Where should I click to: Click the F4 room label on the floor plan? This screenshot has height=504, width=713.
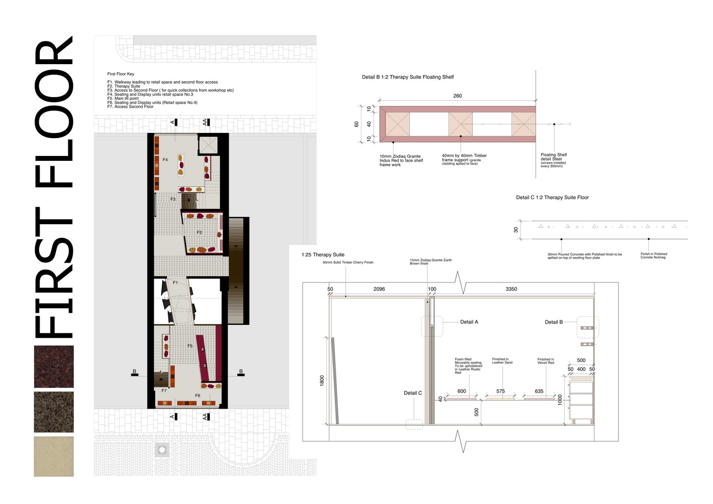pyautogui.click(x=165, y=160)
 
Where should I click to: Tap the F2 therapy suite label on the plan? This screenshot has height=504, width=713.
pyautogui.click(x=199, y=232)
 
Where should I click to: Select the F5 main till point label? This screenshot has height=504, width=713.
pyautogui.click(x=190, y=346)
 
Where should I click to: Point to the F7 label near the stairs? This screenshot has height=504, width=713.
pyautogui.click(x=164, y=391)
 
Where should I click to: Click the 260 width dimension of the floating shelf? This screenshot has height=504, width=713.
pyautogui.click(x=457, y=96)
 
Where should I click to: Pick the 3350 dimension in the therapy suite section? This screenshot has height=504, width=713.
pyautogui.click(x=511, y=289)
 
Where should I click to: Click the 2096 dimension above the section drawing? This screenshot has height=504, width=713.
pyautogui.click(x=379, y=289)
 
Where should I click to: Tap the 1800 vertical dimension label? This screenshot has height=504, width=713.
pyautogui.click(x=322, y=380)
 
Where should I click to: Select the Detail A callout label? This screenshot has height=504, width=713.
pyautogui.click(x=469, y=322)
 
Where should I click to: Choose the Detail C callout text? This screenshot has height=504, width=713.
pyautogui.click(x=413, y=393)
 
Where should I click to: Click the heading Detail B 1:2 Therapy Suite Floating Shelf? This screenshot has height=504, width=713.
pyautogui.click(x=408, y=77)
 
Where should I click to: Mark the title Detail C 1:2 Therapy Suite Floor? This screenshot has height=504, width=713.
pyautogui.click(x=552, y=197)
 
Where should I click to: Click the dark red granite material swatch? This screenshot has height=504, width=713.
pyautogui.click(x=54, y=366)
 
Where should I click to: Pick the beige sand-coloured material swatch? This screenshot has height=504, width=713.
pyautogui.click(x=54, y=456)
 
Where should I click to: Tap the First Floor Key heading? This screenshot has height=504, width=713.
pyautogui.click(x=120, y=74)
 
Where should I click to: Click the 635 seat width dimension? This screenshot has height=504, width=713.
pyautogui.click(x=539, y=391)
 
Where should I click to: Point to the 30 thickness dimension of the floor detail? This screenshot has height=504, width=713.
pyautogui.click(x=516, y=230)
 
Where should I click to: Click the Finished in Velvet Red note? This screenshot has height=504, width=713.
pyautogui.click(x=545, y=361)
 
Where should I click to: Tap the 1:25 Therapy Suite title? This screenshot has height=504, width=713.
pyautogui.click(x=323, y=255)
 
